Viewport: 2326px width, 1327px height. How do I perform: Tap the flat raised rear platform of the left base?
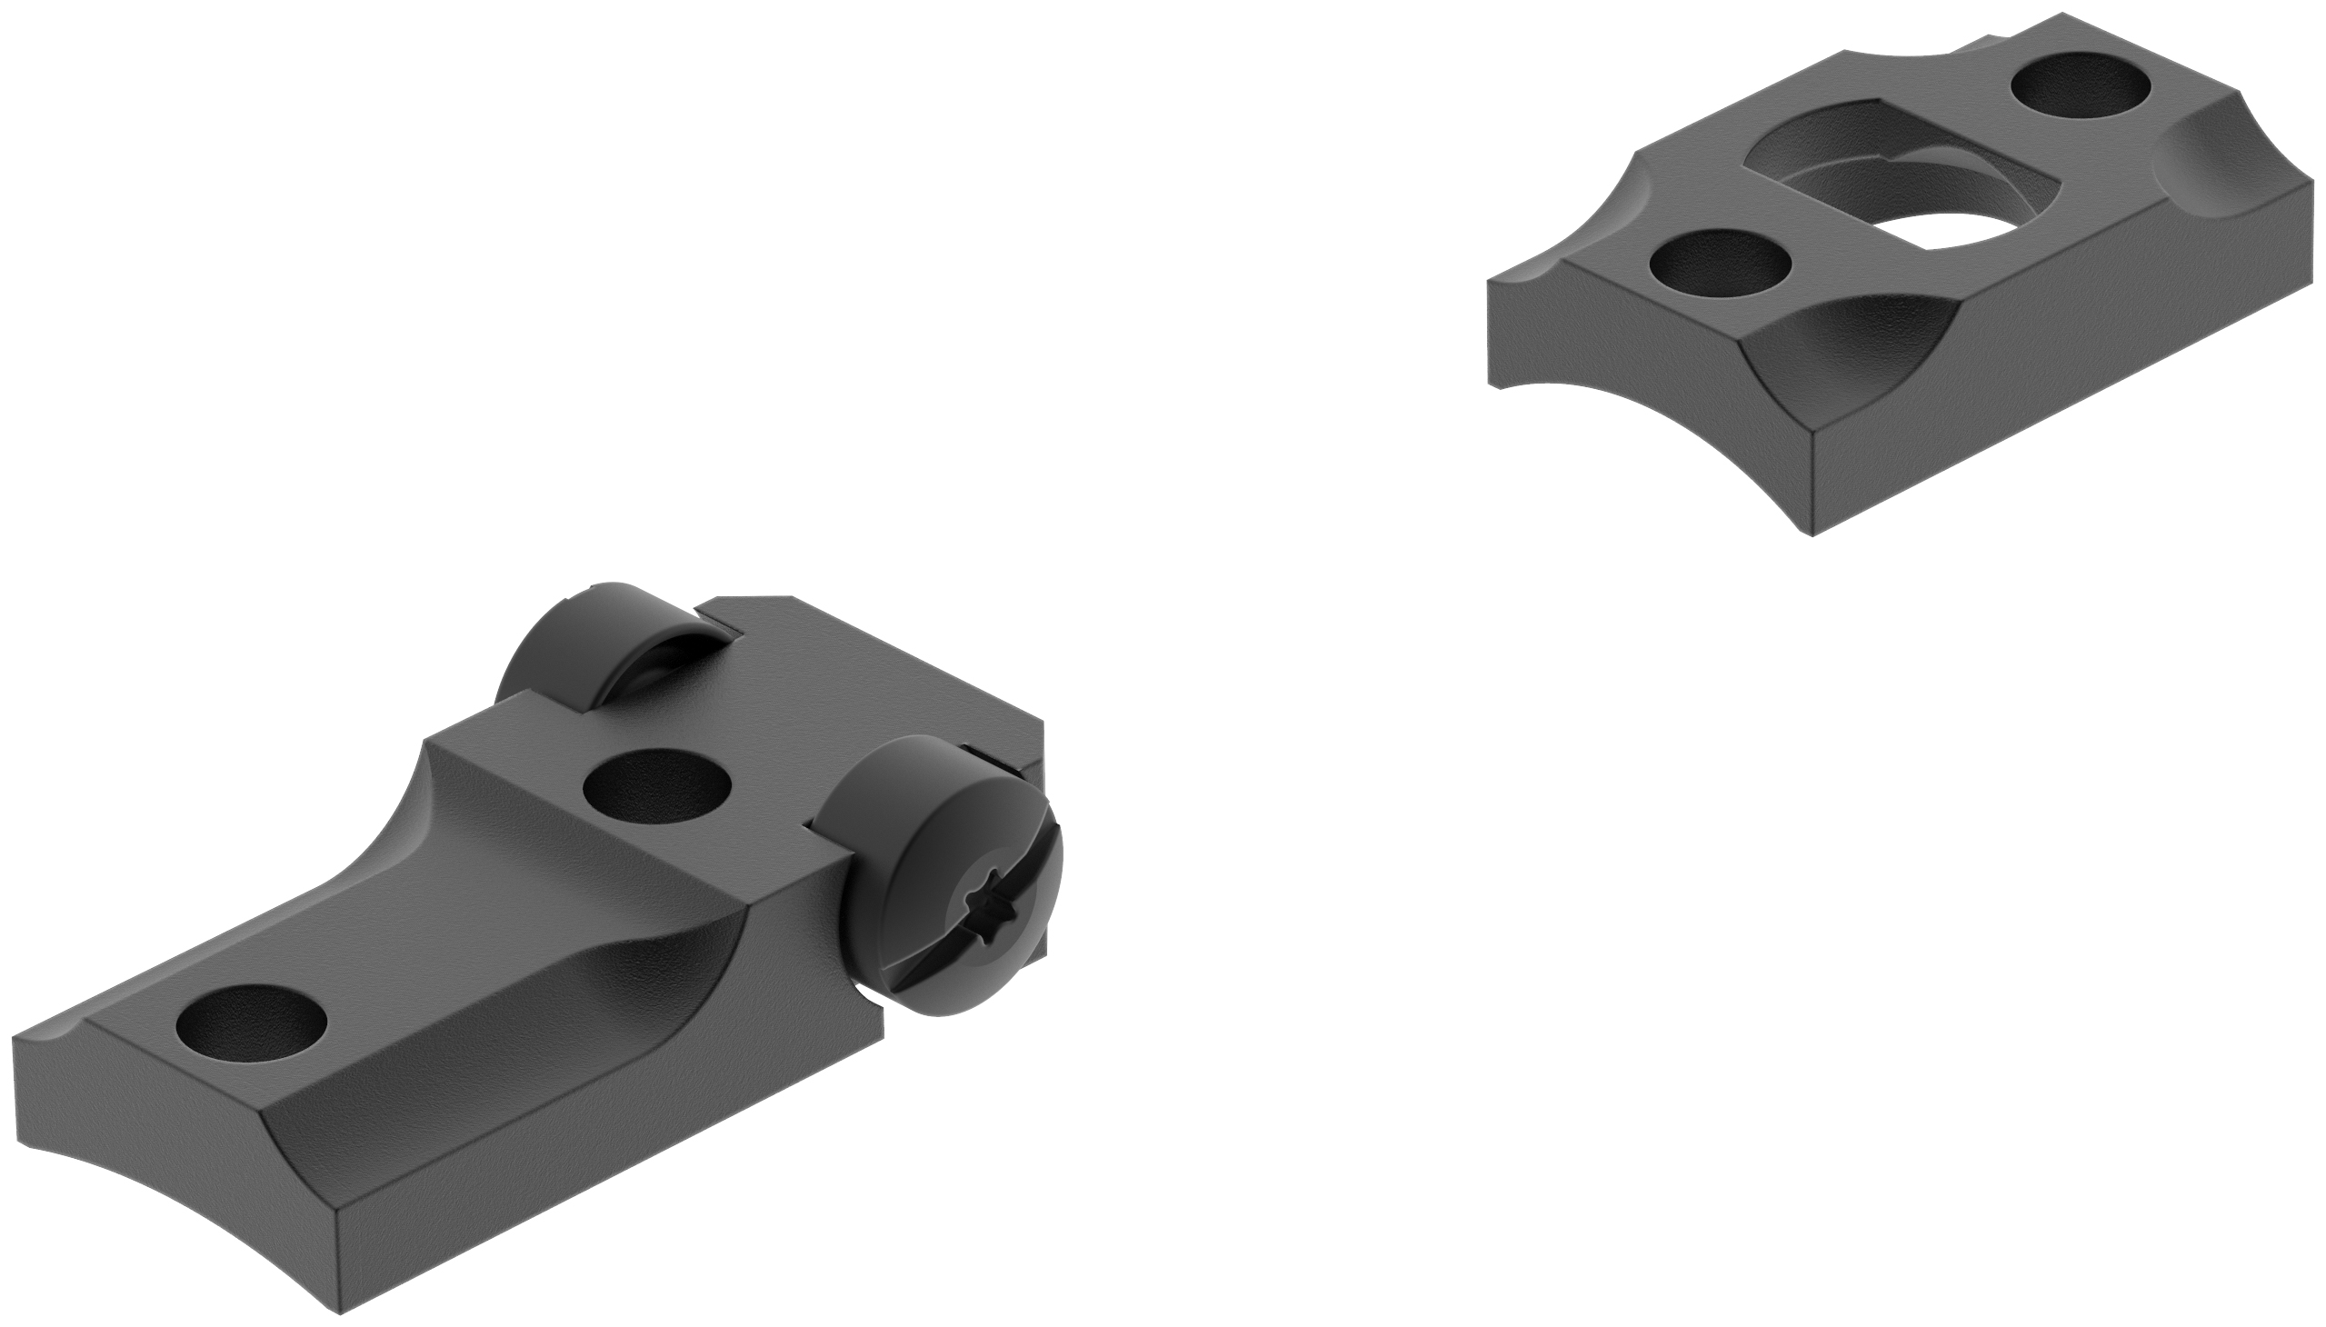[x=820, y=683]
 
